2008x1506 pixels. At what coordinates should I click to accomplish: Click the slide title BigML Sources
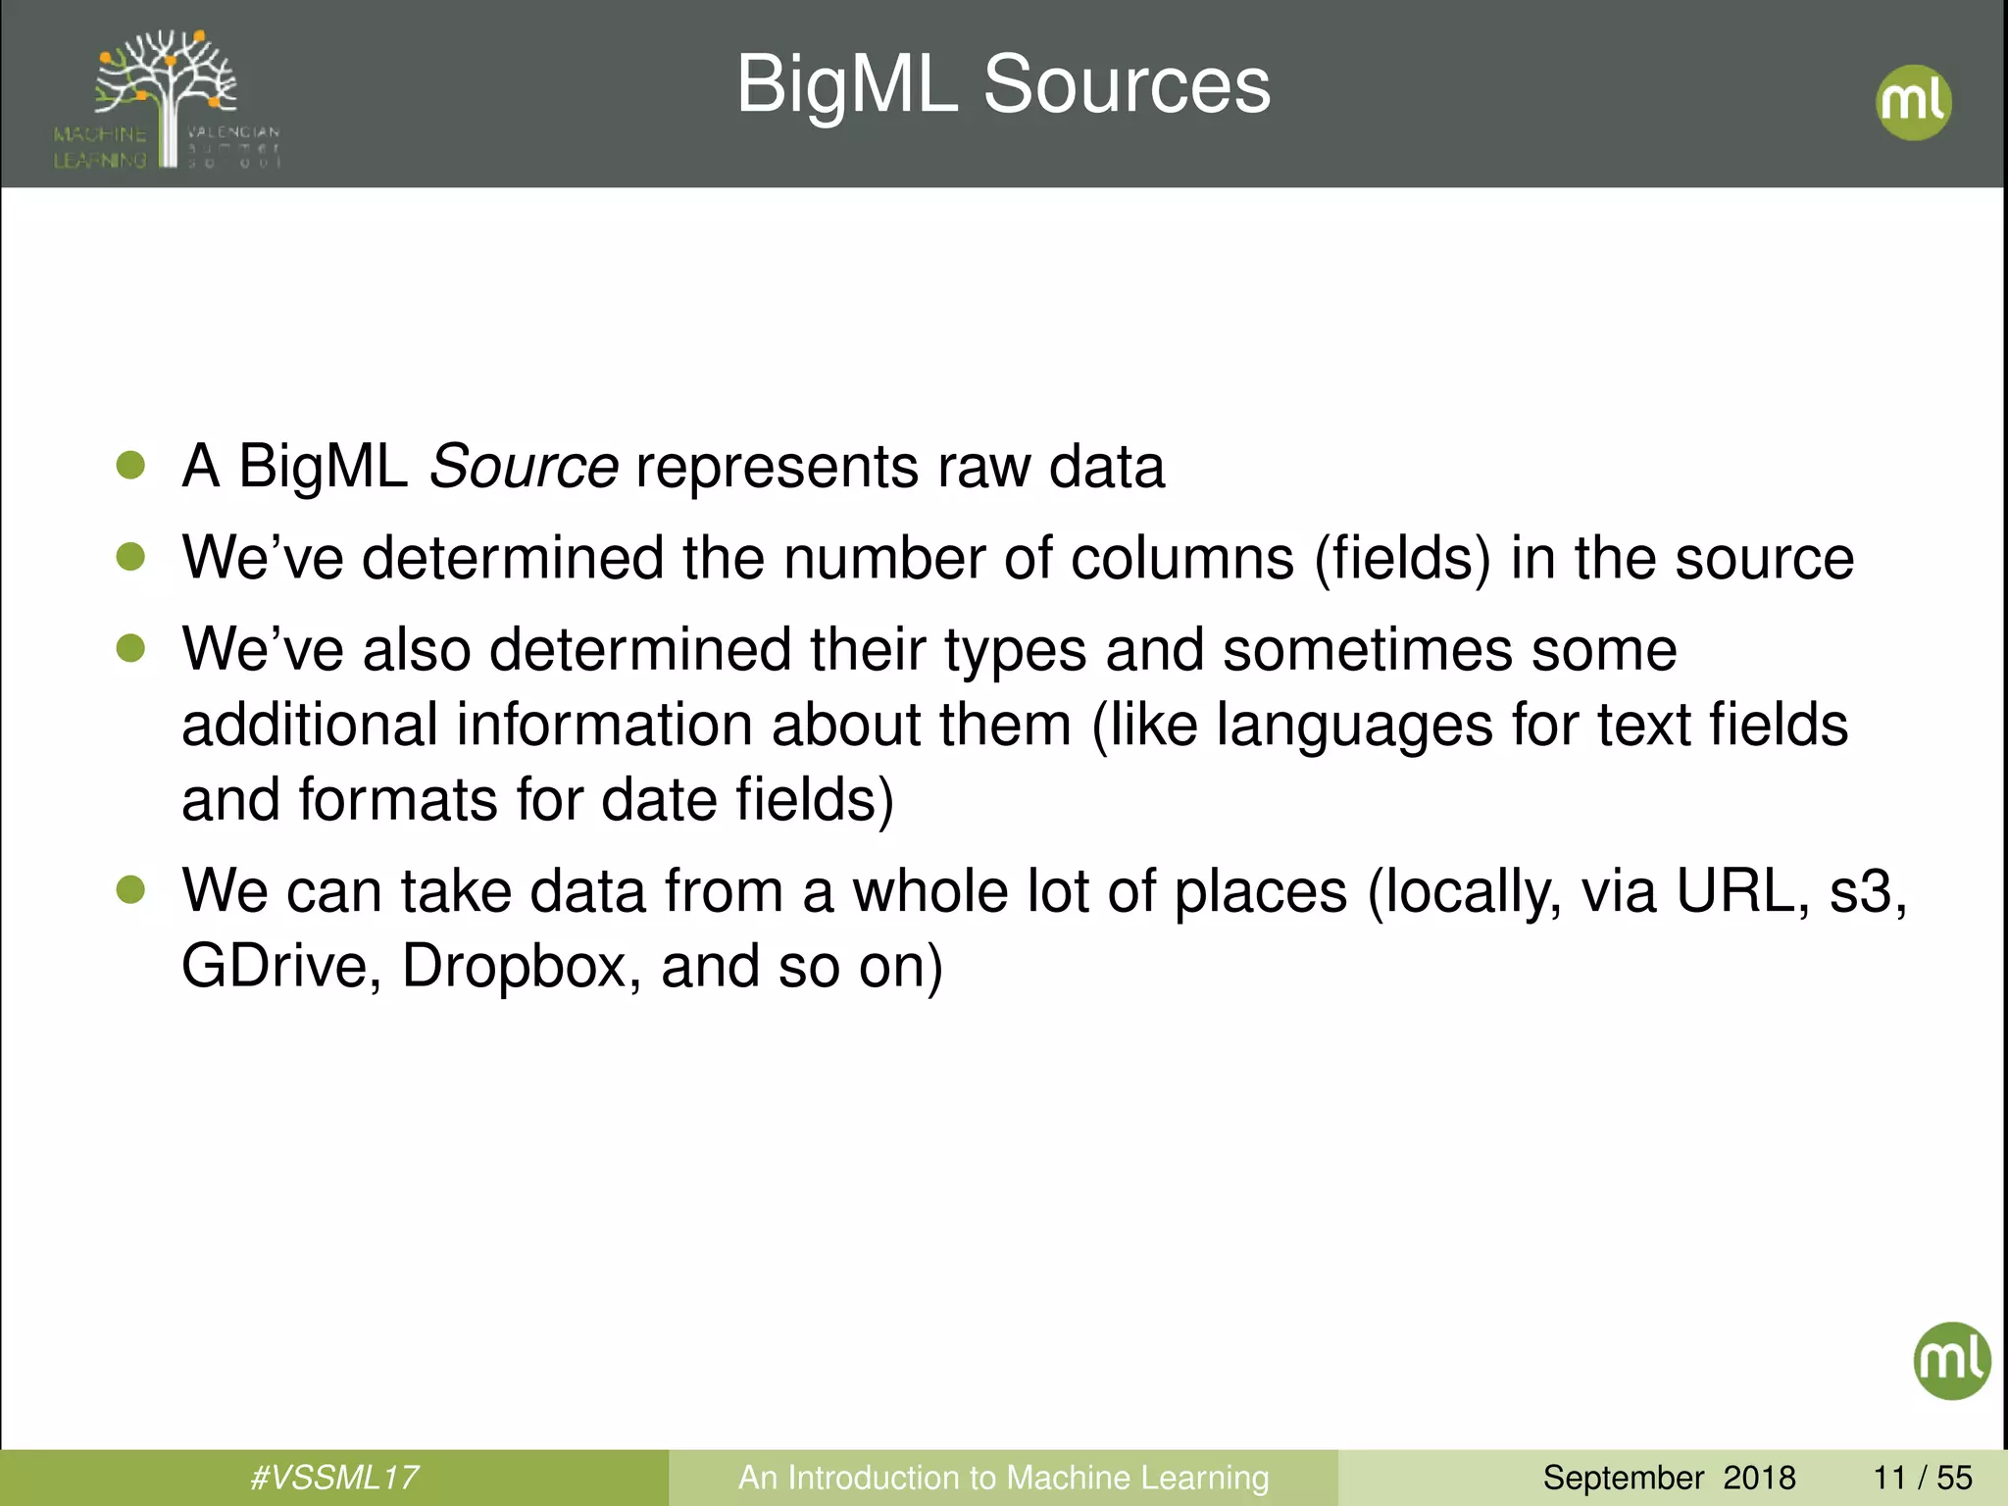pyautogui.click(x=1003, y=85)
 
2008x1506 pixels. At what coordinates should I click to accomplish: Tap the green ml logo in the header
pyautogui.click(x=1913, y=102)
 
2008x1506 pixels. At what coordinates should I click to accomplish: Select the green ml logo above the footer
pyautogui.click(x=1951, y=1361)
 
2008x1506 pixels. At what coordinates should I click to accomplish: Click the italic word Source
pyautogui.click(x=524, y=467)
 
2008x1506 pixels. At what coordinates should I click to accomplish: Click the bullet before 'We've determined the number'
pyautogui.click(x=130, y=557)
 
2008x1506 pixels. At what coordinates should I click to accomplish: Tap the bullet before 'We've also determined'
pyautogui.click(x=130, y=648)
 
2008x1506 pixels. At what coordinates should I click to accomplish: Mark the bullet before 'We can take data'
pyautogui.click(x=130, y=890)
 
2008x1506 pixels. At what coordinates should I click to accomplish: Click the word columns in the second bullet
pyautogui.click(x=1182, y=559)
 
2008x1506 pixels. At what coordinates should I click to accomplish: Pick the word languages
pyautogui.click(x=1354, y=727)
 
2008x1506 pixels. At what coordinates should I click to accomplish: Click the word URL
pyautogui.click(x=1734, y=892)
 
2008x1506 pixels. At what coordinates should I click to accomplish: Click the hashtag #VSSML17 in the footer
pyautogui.click(x=334, y=1478)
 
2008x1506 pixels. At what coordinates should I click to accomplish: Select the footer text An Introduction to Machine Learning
pyautogui.click(x=1003, y=1478)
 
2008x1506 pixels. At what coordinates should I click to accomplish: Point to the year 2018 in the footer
pyautogui.click(x=1759, y=1478)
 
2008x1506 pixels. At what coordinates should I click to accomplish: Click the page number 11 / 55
pyautogui.click(x=1923, y=1478)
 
